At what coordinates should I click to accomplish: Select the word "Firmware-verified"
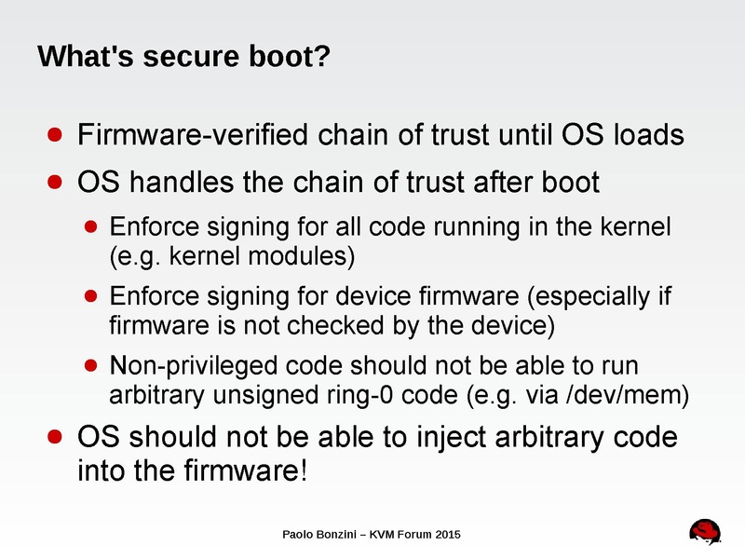tap(194, 136)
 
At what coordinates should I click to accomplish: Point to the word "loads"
tap(651, 136)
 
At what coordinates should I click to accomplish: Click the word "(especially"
tap(590, 297)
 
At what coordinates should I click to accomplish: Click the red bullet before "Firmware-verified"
tap(56, 136)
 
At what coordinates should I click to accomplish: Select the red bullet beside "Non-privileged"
tap(90, 364)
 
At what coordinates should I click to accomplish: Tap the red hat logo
tap(705, 530)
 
